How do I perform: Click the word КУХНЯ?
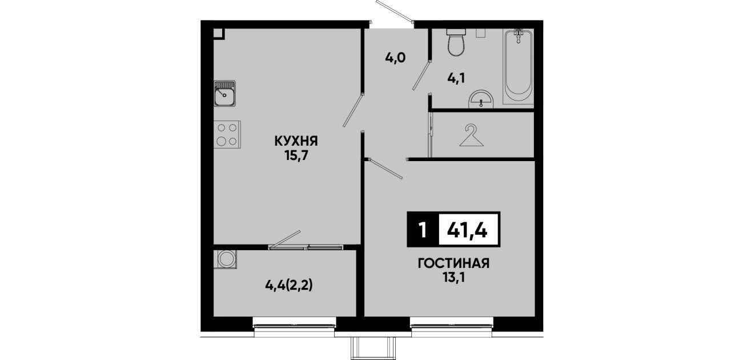pyautogui.click(x=296, y=141)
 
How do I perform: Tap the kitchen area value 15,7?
pyautogui.click(x=296, y=155)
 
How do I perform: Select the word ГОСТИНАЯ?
pyautogui.click(x=453, y=264)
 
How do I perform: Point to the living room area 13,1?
pyautogui.click(x=453, y=278)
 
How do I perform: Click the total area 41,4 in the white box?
pyautogui.click(x=467, y=230)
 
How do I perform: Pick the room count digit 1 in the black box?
pyautogui.click(x=423, y=230)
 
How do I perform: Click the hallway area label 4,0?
pyautogui.click(x=395, y=58)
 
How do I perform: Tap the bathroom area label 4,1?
pyautogui.click(x=456, y=78)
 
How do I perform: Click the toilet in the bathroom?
pyautogui.click(x=456, y=42)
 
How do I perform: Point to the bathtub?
pyautogui.click(x=518, y=67)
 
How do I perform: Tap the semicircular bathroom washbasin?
pyautogui.click(x=481, y=99)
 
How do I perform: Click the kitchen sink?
pyautogui.click(x=224, y=93)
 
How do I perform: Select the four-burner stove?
pyautogui.click(x=227, y=134)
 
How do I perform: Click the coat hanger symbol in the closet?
pyautogui.click(x=471, y=135)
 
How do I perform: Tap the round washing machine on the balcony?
pyautogui.click(x=227, y=259)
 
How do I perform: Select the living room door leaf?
pyautogui.click(x=385, y=169)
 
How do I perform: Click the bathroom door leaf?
pyautogui.click(x=421, y=75)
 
